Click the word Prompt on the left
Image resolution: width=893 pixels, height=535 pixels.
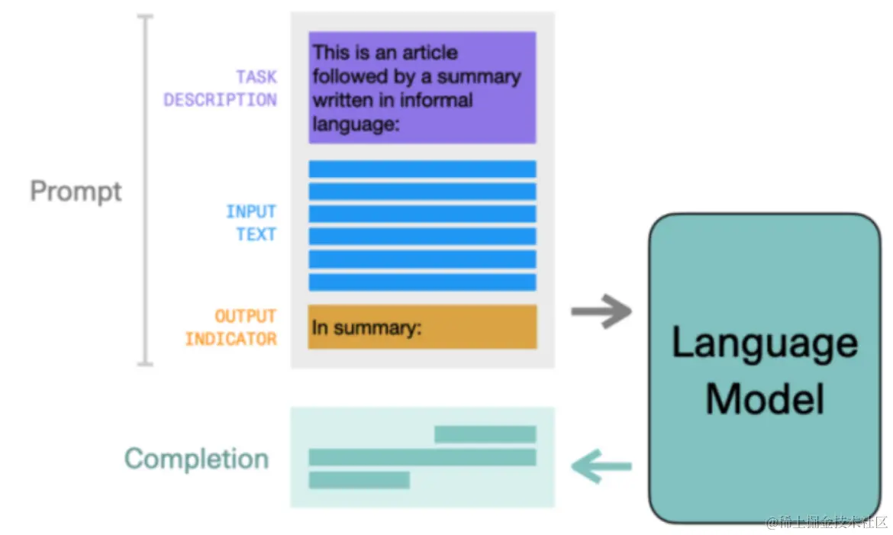[x=76, y=192]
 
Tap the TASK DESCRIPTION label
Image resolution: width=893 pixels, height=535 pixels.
[x=221, y=89]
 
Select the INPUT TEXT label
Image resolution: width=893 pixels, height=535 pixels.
[x=251, y=223]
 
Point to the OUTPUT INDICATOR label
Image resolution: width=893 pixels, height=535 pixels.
[x=231, y=327]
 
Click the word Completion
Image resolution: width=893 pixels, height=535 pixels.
[x=196, y=459]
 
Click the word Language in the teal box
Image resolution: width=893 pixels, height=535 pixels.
[x=765, y=343]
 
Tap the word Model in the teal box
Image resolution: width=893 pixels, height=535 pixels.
[x=765, y=399]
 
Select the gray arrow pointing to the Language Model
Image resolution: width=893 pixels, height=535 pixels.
[x=601, y=311]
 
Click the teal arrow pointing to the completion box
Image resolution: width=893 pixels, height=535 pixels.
[x=601, y=466]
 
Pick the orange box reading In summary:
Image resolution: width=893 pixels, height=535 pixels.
[x=423, y=327]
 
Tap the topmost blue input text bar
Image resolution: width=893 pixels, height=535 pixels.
[x=423, y=169]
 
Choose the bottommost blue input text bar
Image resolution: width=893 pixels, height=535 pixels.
[x=423, y=282]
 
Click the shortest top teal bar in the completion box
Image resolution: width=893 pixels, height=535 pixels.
[x=485, y=434]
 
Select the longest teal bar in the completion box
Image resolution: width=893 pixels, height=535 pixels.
[x=423, y=457]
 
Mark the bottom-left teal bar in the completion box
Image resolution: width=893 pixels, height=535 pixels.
[x=359, y=480]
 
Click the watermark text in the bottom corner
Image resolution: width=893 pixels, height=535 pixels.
[x=827, y=522]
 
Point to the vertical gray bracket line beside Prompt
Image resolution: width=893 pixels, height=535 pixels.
[x=146, y=190]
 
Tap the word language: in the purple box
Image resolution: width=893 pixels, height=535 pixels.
[x=356, y=124]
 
